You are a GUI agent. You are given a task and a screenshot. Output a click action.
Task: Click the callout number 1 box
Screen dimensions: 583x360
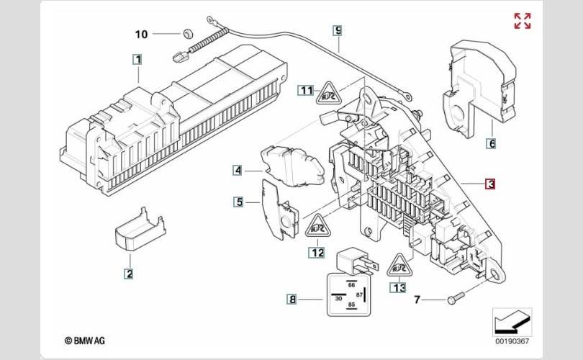[x=137, y=60]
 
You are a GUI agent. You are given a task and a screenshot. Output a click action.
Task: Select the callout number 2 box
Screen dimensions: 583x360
[x=129, y=274]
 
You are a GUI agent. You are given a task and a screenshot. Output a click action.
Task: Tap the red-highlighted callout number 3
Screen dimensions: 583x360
[x=491, y=184]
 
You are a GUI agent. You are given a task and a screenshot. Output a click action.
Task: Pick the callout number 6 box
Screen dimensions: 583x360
[x=491, y=143]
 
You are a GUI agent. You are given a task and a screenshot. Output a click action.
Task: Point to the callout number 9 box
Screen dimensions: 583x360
[x=338, y=30]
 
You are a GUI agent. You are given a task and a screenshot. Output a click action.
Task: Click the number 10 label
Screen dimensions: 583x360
[x=141, y=35]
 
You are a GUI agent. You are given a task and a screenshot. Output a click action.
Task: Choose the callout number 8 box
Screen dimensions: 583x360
[x=292, y=299]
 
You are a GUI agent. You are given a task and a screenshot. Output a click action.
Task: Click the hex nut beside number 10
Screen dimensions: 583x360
[x=187, y=33]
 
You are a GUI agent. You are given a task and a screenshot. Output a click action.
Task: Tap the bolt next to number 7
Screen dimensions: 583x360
[x=456, y=298]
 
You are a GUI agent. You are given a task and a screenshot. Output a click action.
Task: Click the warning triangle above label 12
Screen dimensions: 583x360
[x=318, y=226]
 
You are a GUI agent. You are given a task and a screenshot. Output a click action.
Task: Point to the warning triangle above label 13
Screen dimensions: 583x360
[x=399, y=266]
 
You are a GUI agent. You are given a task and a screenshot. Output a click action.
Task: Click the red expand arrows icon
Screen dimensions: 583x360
[x=523, y=21]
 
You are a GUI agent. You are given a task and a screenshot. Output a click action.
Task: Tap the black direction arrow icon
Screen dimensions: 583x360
[x=511, y=322]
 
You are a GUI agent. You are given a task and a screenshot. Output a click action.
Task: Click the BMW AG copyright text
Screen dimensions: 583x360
[x=85, y=341]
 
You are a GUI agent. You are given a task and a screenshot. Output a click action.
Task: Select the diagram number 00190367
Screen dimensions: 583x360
[x=512, y=341]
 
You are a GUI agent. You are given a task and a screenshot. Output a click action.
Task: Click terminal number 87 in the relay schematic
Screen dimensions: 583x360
[x=359, y=295]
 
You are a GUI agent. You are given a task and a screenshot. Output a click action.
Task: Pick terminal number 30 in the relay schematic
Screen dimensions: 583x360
[x=338, y=298]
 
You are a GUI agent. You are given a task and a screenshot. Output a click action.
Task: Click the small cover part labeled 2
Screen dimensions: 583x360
[x=140, y=229]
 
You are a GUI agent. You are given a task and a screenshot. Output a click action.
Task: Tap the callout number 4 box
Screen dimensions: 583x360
[x=238, y=171]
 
